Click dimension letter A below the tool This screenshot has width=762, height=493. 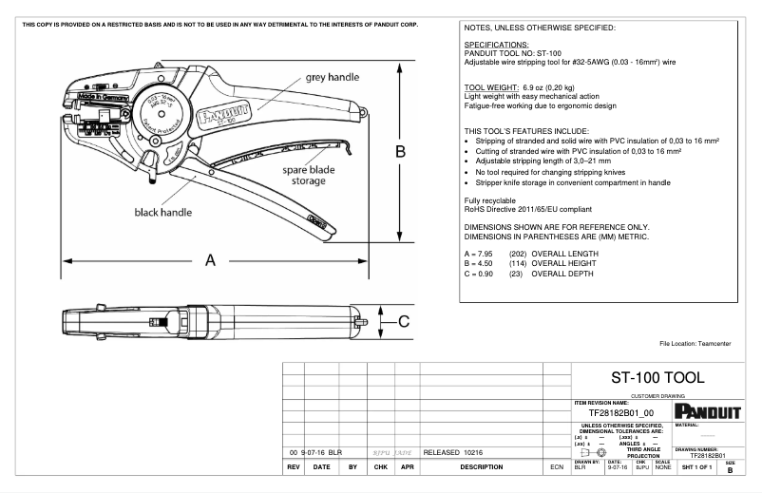(211, 261)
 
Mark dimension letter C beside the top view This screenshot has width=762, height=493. (404, 321)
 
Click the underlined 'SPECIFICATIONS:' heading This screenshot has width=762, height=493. (496, 45)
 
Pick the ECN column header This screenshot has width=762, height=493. (556, 467)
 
